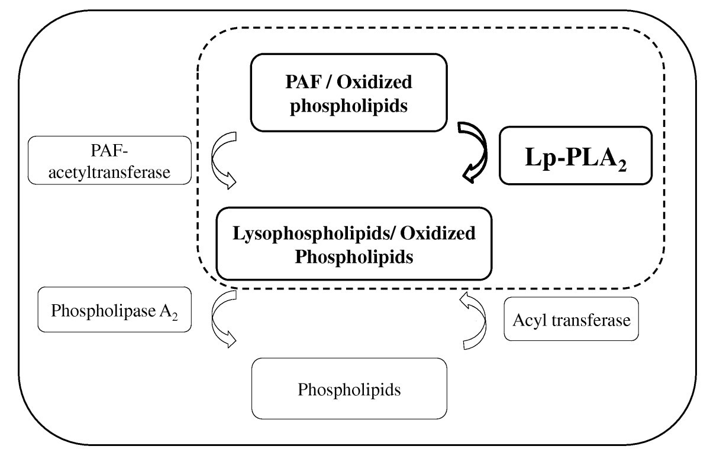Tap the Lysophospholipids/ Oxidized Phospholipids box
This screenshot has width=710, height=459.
click(x=354, y=243)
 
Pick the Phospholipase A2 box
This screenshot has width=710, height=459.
click(x=114, y=310)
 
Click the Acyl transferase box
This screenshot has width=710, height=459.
click(x=571, y=319)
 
